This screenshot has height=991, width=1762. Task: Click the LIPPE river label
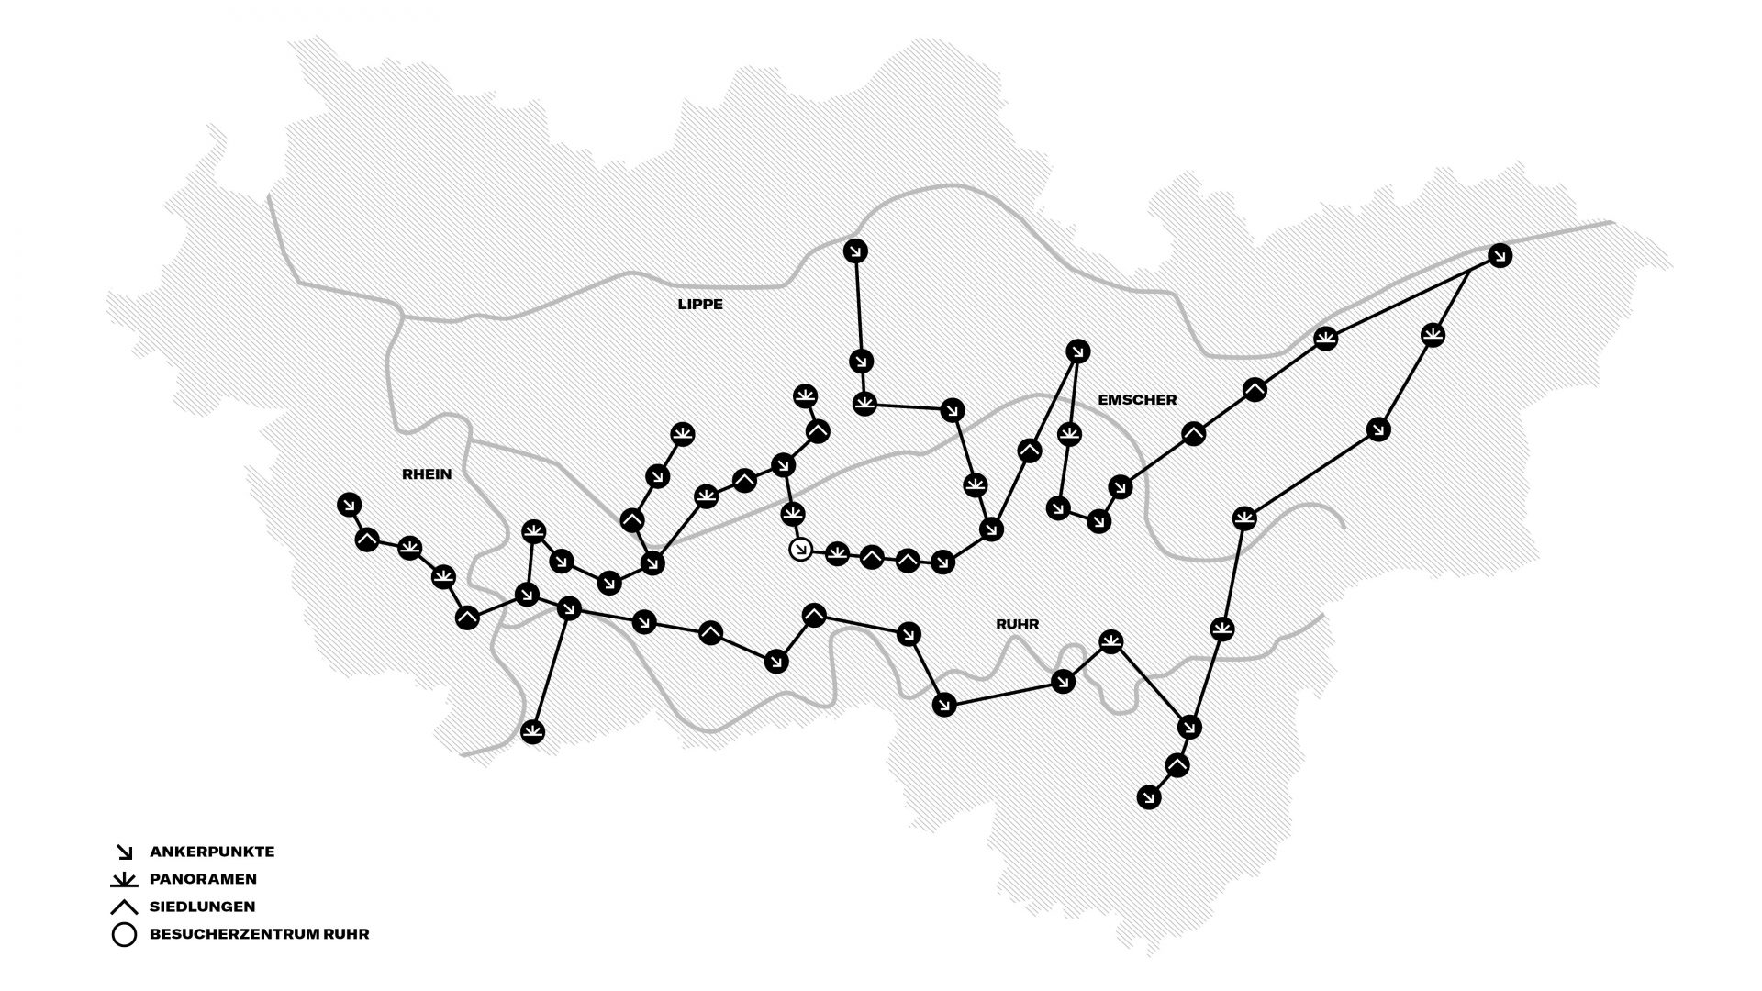tap(700, 305)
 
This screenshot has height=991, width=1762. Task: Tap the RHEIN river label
tap(427, 474)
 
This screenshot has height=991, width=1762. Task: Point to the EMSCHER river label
tap(1137, 400)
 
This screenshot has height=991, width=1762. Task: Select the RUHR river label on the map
tap(1017, 624)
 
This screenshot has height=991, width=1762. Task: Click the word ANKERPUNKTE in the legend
tap(212, 852)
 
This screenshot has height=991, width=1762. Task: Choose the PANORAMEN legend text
tap(203, 879)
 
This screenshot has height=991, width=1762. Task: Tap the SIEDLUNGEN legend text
tap(202, 907)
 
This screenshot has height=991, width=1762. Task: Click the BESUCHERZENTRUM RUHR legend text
tap(259, 935)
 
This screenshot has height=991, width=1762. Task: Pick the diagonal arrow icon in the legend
tap(124, 852)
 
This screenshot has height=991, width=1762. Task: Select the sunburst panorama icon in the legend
tap(124, 880)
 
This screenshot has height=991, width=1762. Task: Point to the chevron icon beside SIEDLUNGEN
tap(124, 907)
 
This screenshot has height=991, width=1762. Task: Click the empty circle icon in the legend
tap(124, 935)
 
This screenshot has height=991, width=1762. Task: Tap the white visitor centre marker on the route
tap(801, 550)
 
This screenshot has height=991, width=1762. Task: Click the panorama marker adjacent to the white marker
tap(837, 553)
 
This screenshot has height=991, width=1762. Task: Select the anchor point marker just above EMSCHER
tap(1078, 351)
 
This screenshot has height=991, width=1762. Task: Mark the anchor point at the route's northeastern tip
tap(1500, 255)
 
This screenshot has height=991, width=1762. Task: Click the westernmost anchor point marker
tap(349, 504)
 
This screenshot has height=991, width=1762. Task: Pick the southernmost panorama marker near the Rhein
tap(533, 732)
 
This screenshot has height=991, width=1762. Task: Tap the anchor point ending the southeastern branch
tap(1148, 797)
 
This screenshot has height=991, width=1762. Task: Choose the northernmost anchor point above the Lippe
tap(855, 251)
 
